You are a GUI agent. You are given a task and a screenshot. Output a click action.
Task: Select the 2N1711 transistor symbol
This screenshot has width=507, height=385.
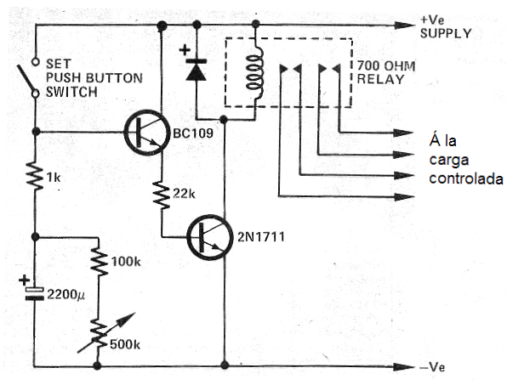pos(210,237)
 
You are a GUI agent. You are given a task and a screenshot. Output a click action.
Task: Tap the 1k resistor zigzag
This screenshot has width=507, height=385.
pos(36,176)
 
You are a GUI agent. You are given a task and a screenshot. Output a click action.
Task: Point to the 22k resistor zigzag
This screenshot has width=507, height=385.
pos(162,195)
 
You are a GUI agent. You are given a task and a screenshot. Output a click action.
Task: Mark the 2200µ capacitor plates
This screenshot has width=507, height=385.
pos(34,294)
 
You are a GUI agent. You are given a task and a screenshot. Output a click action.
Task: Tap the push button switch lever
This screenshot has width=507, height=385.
pos(26,78)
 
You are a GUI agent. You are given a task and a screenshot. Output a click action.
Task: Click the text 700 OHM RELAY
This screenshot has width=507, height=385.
pos(386,72)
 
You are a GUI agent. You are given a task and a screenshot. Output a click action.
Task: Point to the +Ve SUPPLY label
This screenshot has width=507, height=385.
pos(446,27)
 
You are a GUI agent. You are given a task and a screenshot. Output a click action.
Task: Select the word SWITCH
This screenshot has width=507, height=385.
pos(71,93)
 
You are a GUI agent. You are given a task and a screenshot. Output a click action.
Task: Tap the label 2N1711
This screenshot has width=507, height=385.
pos(261,237)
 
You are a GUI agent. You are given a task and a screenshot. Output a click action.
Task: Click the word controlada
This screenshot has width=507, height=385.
pos(466,178)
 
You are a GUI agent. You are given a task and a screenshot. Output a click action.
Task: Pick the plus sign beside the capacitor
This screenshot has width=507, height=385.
pos(25,280)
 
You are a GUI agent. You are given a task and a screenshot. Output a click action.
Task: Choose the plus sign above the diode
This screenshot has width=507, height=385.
pos(185,50)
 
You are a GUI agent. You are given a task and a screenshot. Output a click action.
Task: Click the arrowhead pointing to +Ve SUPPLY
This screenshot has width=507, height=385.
pos(404,25)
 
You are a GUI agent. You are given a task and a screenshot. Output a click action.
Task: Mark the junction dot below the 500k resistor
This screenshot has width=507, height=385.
pos(97,365)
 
